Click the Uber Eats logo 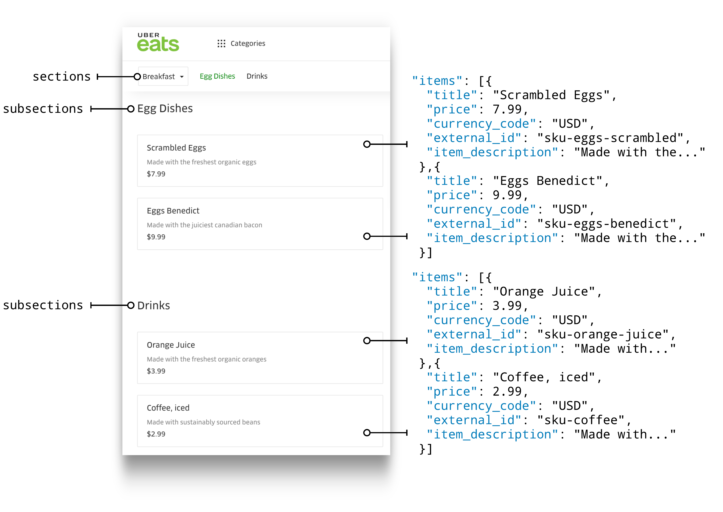coord(158,42)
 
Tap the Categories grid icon coord(221,44)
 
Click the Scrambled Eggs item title coord(176,148)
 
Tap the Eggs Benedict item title coord(173,211)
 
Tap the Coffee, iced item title coord(168,408)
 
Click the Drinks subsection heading coord(154,305)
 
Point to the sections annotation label coord(62,77)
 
